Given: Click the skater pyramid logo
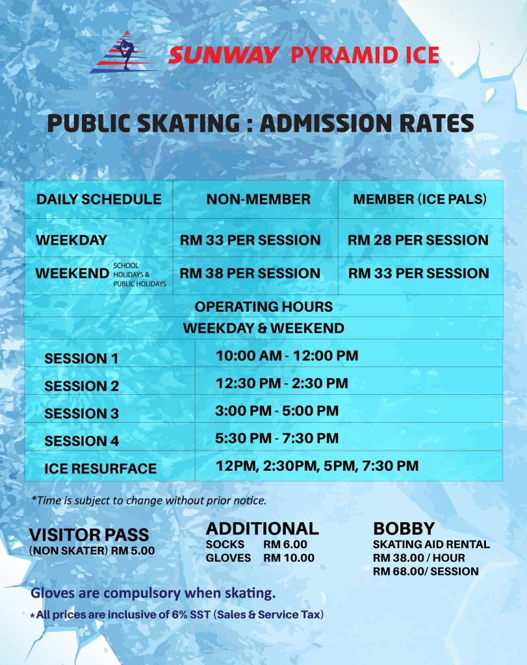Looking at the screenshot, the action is [x=123, y=53].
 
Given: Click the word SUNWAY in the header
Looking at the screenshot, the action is [x=223, y=56].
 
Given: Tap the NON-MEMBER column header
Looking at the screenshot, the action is [x=259, y=199].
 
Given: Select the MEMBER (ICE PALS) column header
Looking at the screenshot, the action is [x=420, y=199].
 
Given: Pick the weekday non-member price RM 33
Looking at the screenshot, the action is [x=250, y=240].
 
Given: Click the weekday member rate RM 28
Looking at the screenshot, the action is [x=418, y=240].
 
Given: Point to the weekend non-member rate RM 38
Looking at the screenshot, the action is [x=250, y=273].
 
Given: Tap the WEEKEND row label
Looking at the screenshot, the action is [x=73, y=273].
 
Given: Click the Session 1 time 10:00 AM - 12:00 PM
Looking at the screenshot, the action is [x=287, y=355].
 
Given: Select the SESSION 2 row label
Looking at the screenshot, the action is [x=81, y=386].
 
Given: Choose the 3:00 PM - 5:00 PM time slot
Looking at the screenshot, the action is [x=277, y=410].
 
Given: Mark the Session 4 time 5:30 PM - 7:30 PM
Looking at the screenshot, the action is [x=277, y=438].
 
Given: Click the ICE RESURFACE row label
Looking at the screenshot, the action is [x=101, y=469].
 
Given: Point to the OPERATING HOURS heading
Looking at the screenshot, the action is [x=264, y=307].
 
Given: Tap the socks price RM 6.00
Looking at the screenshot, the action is [x=285, y=545].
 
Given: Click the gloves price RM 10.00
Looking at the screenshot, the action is [x=289, y=558].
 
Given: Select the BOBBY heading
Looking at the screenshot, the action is [x=404, y=529].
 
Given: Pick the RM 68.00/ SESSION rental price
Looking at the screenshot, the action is [x=426, y=571].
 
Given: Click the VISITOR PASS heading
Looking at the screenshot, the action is [x=89, y=535].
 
